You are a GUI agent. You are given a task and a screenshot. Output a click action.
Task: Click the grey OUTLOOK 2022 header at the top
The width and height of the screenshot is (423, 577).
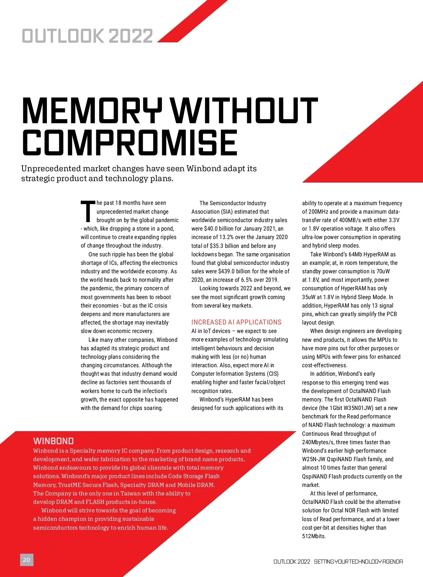[87, 36]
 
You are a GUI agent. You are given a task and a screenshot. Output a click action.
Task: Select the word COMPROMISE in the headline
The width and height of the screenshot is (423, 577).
[130, 143]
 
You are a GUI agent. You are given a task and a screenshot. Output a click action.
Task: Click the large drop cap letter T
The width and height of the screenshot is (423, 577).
[88, 212]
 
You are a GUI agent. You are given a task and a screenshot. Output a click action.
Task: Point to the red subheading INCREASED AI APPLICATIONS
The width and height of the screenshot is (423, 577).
[236, 322]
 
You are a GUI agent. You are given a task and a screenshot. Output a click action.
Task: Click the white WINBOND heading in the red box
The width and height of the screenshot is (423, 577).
[54, 441]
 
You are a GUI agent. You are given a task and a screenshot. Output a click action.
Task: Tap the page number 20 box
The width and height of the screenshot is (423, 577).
[27, 560]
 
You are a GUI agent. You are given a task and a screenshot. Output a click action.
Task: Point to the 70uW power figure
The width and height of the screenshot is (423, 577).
[383, 271]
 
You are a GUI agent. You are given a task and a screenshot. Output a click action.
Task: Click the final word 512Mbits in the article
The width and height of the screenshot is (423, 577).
[314, 536]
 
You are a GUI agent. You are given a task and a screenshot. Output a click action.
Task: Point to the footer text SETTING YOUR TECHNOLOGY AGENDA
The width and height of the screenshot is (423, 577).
[358, 561]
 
